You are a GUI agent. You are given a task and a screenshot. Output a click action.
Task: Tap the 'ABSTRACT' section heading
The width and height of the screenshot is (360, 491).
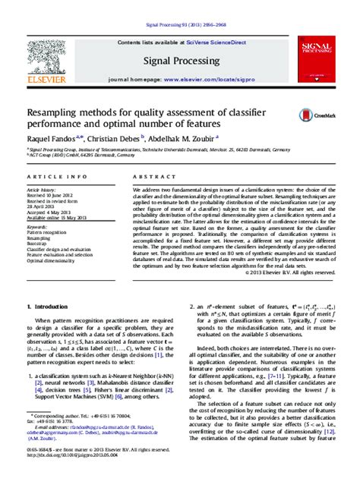coord(153,176)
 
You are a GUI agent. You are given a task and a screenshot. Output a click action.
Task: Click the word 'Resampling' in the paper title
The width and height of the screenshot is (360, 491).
coord(58,111)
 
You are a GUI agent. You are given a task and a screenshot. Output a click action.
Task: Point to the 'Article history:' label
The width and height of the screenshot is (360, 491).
coord(43,188)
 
